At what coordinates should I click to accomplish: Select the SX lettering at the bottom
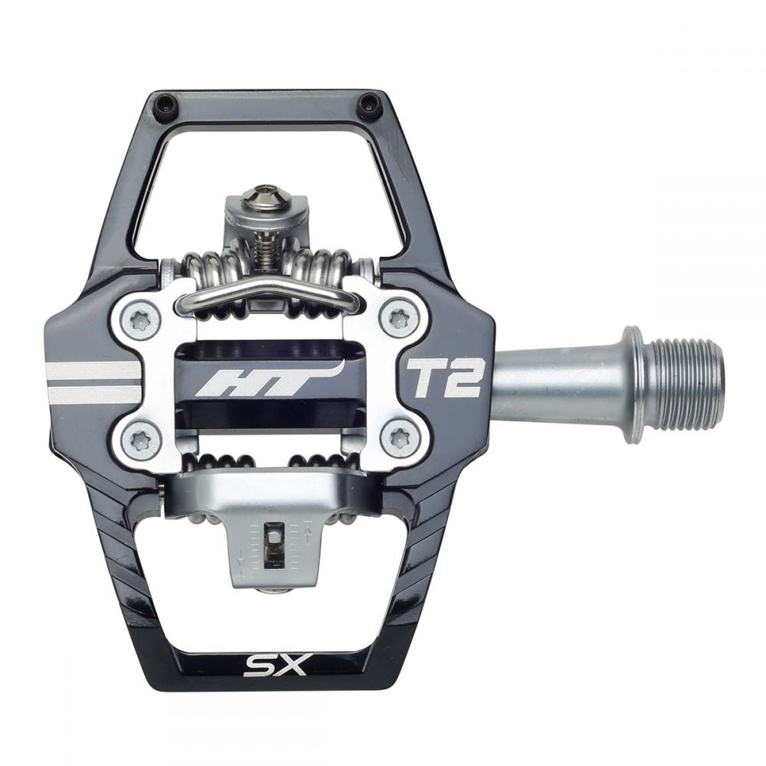(276, 664)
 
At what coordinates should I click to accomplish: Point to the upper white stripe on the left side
(93, 371)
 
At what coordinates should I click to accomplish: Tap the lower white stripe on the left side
(93, 395)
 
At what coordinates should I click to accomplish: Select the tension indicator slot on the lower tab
(274, 546)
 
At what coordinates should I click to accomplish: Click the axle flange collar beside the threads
(633, 385)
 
